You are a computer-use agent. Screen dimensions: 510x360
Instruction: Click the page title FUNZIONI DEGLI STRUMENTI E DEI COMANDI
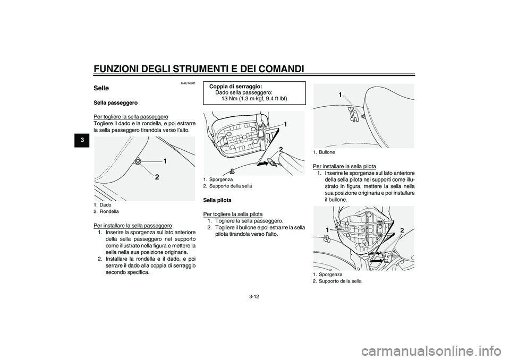pos(198,68)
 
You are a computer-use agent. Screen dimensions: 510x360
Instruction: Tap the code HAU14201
pos(188,83)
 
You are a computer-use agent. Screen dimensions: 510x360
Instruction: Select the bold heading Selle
pos(101,88)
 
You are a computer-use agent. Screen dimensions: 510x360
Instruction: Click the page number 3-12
pos(254,296)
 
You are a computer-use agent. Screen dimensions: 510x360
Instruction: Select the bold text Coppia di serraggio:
pos(236,87)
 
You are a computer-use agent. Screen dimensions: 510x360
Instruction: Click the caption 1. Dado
pos(102,205)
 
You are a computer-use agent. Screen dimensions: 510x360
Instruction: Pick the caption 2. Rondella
pos(106,211)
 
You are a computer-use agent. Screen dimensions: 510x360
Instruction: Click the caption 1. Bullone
pos(324,152)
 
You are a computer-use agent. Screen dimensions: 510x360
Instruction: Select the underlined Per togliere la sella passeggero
pos(131,117)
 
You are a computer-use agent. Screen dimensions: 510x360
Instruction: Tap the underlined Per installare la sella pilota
pos(344,167)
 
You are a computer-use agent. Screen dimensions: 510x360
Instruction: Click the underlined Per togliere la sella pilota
pos(233,215)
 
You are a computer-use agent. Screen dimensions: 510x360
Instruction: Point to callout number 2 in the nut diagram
pos(157,177)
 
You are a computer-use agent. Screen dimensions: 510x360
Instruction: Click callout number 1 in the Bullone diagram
pos(340,95)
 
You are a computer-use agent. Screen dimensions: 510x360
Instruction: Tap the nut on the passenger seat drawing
pos(139,160)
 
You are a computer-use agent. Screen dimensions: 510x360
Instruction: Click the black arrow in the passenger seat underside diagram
pos(263,164)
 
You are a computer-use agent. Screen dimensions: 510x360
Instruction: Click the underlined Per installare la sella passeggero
pos(133,225)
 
